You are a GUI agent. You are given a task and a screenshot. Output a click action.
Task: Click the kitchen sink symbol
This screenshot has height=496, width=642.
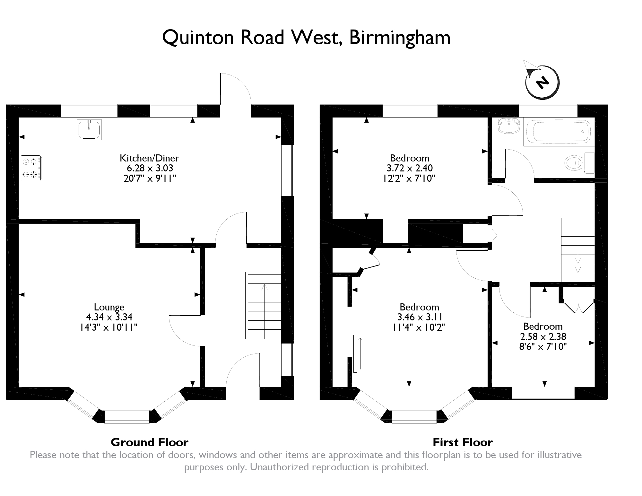(x=89, y=129)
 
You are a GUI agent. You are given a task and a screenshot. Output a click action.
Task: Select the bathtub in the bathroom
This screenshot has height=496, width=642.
(x=559, y=132)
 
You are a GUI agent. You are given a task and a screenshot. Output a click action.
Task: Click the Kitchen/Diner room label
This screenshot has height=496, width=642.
(x=149, y=158)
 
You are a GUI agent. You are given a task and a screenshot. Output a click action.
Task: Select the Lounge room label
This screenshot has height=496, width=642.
(x=109, y=307)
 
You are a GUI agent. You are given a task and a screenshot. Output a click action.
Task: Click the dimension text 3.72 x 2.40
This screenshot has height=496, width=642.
(x=410, y=168)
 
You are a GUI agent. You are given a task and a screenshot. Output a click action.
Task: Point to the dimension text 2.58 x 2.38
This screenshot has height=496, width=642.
(x=543, y=336)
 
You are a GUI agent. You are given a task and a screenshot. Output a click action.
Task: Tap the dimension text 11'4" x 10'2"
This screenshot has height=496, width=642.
(x=419, y=327)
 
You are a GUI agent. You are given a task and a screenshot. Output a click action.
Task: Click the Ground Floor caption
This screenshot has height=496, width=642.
(x=150, y=442)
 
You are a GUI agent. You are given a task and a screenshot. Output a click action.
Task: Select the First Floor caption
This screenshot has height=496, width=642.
(x=463, y=442)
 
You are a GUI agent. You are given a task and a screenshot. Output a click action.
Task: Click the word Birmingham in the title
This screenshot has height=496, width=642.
(x=400, y=38)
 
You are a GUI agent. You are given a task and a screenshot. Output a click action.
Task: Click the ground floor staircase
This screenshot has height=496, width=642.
(x=263, y=305)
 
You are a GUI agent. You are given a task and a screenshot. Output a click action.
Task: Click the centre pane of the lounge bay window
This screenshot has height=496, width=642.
(x=127, y=416)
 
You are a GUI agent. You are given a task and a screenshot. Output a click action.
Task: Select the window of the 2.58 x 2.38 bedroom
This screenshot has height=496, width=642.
(x=543, y=393)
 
